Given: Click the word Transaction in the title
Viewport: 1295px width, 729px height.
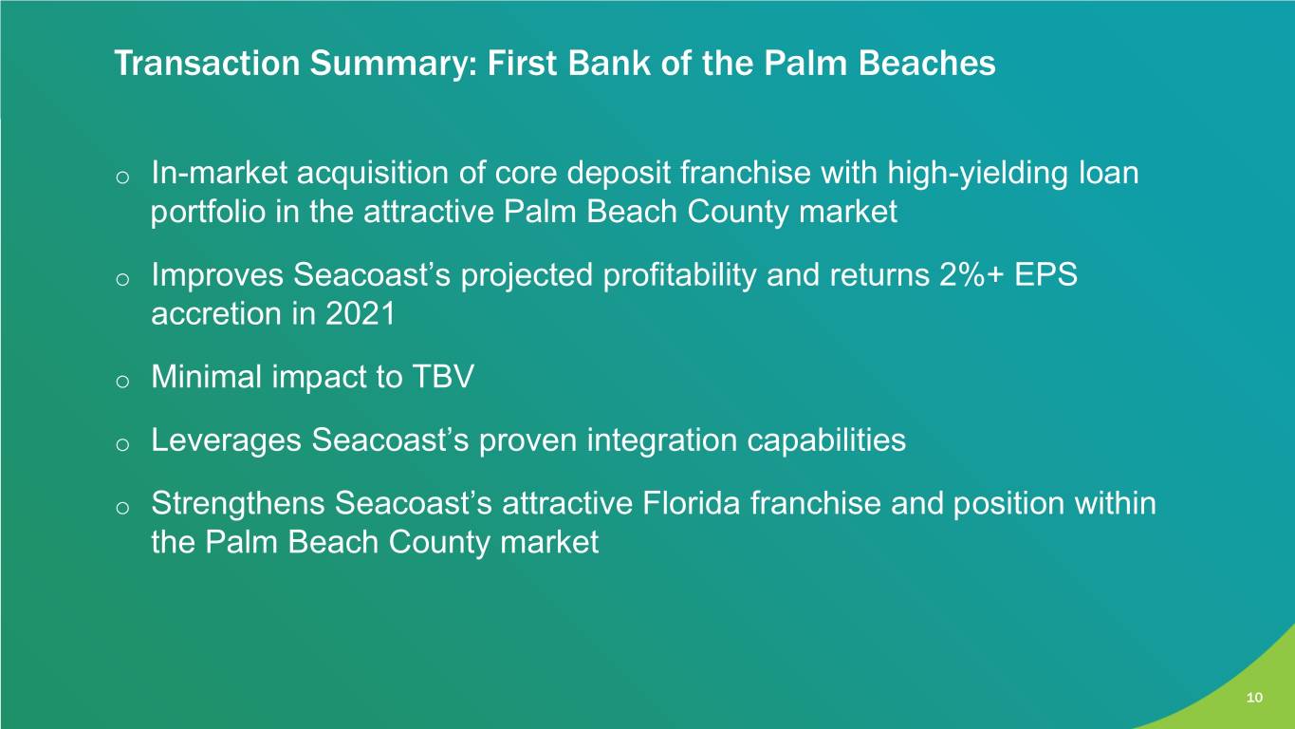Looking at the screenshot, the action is point(208,63).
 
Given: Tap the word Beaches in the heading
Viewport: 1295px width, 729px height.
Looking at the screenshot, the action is point(927,63).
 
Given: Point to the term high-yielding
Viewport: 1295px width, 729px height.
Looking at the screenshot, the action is point(977,174).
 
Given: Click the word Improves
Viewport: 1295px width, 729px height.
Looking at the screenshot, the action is point(217,276).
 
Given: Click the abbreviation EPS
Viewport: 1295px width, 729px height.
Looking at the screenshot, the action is point(1045,275).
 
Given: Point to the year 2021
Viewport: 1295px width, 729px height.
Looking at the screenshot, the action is point(361,314).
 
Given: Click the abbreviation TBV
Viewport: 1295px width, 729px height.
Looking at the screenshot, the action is point(443,377).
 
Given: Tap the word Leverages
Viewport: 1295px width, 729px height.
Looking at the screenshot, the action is point(226,440).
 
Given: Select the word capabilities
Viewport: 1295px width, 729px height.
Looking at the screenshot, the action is point(826,440).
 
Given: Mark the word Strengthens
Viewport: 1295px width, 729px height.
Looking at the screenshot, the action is point(237,503).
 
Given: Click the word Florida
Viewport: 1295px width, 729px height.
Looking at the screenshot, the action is point(691,503).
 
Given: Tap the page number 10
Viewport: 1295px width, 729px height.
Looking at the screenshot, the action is point(1254,698).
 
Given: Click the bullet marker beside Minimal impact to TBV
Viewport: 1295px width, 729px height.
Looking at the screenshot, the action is point(122,382).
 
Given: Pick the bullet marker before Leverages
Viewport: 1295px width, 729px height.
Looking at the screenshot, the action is point(122,445).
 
